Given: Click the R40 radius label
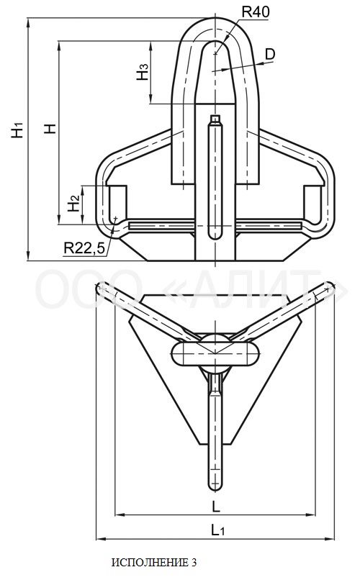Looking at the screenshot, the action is tap(256, 12).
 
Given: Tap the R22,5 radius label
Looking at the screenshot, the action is tap(84, 248).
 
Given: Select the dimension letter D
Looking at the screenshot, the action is tap(269, 54).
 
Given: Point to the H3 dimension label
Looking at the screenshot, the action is tap(143, 72).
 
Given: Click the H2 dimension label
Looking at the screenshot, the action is tap(73, 204).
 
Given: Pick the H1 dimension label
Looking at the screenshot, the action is tap(17, 130).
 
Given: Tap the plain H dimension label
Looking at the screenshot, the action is tap(50, 129).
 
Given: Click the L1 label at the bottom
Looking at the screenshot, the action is tap(218, 530).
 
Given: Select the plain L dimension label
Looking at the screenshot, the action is tap(216, 507).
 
